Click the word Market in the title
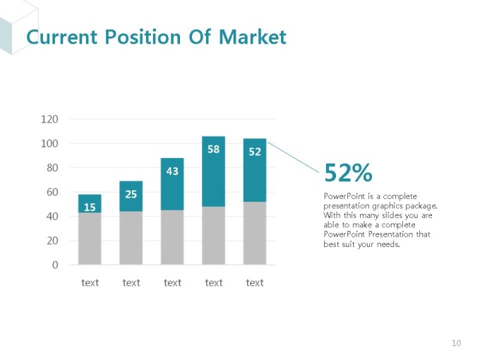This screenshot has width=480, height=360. click(252, 37)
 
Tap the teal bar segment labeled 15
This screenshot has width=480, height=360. click(90, 203)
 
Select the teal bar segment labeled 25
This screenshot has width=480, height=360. click(131, 196)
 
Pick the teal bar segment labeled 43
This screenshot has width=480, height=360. click(172, 184)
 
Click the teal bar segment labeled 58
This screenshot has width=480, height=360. click(213, 172)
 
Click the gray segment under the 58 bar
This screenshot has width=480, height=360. click(213, 235)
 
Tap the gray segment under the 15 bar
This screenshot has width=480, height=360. click(90, 239)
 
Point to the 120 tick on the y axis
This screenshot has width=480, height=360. click(49, 119)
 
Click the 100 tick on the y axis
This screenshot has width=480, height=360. click(49, 143)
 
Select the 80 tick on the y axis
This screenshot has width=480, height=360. click(52, 168)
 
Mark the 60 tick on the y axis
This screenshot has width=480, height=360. click(52, 192)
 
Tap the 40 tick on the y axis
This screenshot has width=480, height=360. click(52, 217)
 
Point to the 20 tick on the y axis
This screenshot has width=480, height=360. click(52, 241)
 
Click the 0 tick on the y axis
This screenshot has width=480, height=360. click(54, 265)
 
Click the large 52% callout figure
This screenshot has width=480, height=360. click(347, 172)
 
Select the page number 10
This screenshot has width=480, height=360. click(456, 344)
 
